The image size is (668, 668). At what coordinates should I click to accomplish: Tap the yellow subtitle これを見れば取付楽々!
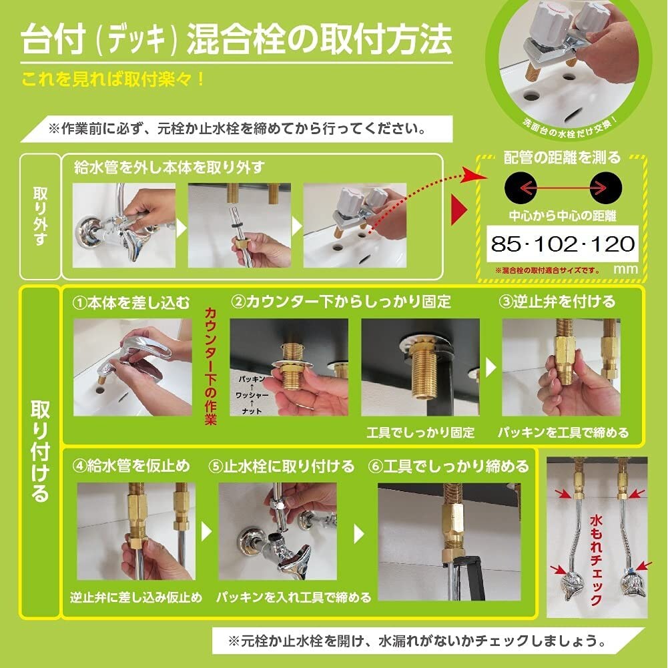(113, 79)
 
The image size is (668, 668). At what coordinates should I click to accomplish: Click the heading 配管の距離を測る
(562, 158)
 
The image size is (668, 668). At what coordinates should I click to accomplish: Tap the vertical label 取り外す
(40, 216)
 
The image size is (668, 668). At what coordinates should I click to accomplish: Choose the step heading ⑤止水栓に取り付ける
(281, 466)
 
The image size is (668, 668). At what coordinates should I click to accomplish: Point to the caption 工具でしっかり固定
(420, 432)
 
